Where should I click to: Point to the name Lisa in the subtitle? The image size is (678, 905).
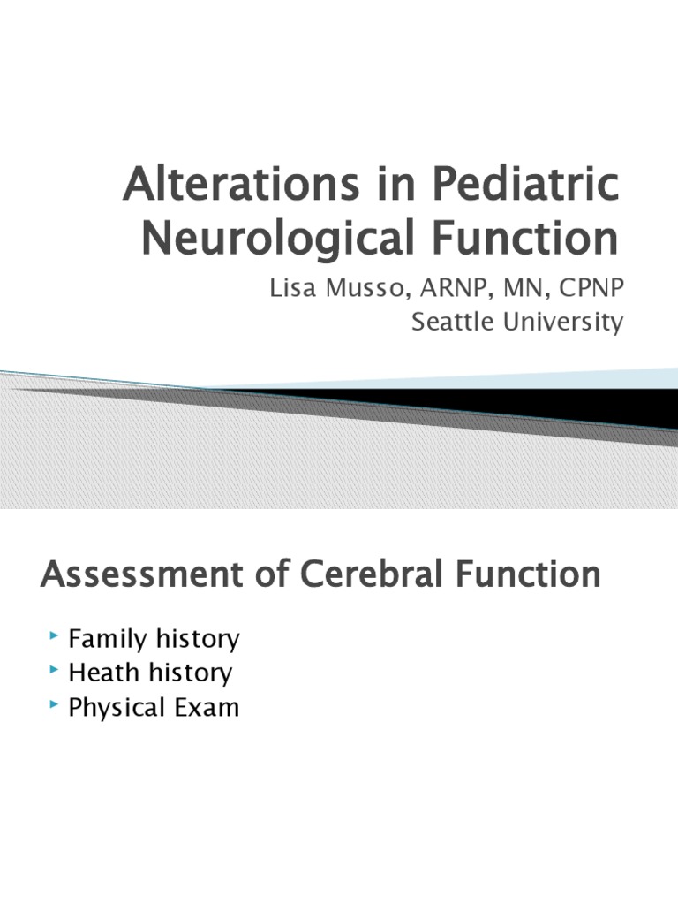[294, 290]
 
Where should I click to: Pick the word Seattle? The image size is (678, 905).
[452, 323]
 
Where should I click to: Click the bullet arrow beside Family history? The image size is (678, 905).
[56, 635]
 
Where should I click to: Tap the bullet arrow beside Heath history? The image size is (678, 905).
[56, 671]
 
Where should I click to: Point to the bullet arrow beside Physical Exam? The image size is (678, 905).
[56, 705]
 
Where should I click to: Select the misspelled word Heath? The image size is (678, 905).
[100, 673]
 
